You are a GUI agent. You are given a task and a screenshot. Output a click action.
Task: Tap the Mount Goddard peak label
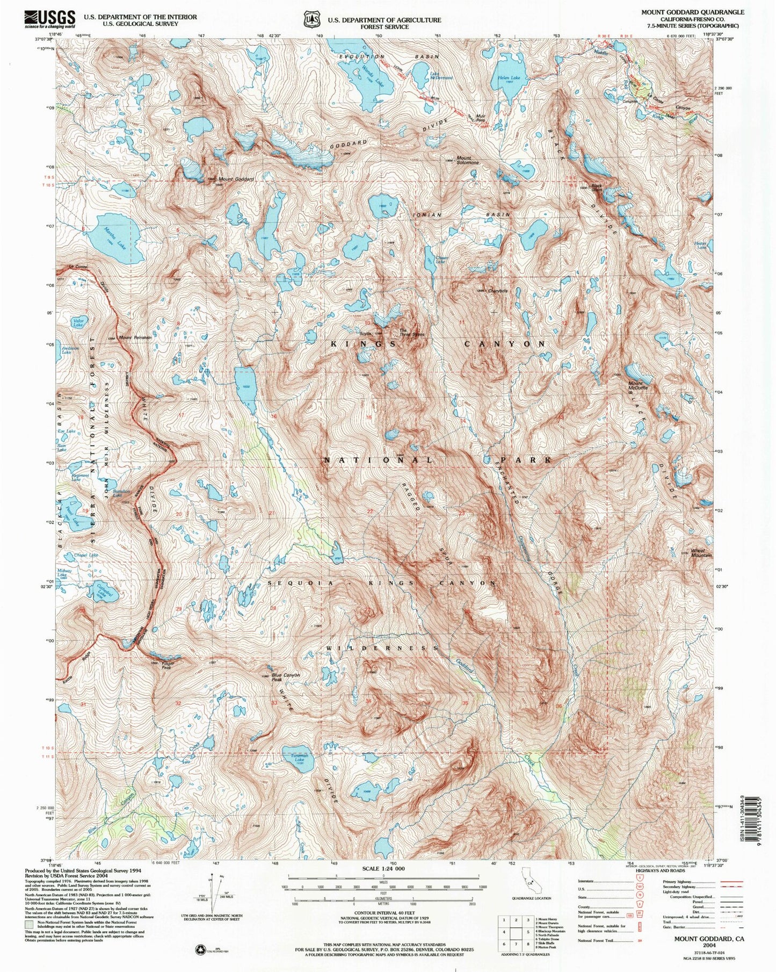pos(236,179)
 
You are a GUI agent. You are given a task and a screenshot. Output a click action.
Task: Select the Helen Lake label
pos(508,78)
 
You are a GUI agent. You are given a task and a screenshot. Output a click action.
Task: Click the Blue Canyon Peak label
pos(285,677)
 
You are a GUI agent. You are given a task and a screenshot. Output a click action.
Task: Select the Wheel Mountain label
pos(701,553)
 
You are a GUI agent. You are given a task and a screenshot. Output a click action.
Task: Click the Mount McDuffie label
pos(638,386)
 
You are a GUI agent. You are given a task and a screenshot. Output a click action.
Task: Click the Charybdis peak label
pos(497,291)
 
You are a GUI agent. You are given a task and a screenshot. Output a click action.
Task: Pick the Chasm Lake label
pos(441,260)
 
